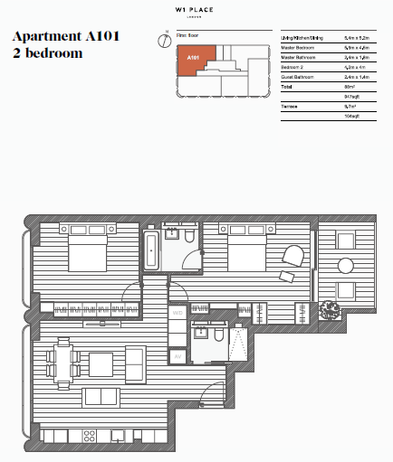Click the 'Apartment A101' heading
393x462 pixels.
(x=64, y=37)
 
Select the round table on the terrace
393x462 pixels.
(x=344, y=266)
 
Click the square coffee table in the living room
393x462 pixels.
(x=101, y=363)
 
